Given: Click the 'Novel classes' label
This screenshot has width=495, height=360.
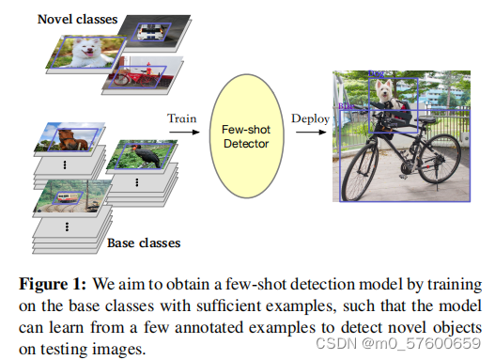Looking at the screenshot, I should [x=78, y=19].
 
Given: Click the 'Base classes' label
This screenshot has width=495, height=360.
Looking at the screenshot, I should [x=144, y=243].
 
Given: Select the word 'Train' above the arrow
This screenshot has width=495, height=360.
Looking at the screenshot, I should [x=182, y=118].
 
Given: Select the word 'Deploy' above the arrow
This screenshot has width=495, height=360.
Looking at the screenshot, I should [x=309, y=118].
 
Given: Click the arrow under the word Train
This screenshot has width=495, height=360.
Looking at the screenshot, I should [x=183, y=133].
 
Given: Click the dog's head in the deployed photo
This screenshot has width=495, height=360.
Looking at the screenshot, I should [x=386, y=90].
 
